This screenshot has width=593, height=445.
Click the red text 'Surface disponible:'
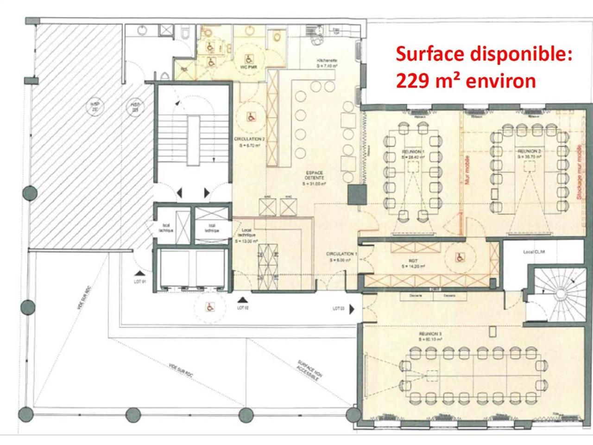point(484,54)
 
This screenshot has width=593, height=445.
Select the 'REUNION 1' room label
point(412,152)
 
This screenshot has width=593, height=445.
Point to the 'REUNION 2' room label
point(529,152)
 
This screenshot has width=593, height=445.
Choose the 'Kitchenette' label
point(327,61)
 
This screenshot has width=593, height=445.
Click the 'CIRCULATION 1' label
point(341,254)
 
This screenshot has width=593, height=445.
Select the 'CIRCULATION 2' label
point(249,139)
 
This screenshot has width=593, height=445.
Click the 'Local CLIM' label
point(534,252)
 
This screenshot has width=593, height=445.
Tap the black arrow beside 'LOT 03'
point(353,309)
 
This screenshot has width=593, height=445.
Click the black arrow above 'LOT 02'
point(241,300)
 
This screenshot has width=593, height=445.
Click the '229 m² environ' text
point(466,81)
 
